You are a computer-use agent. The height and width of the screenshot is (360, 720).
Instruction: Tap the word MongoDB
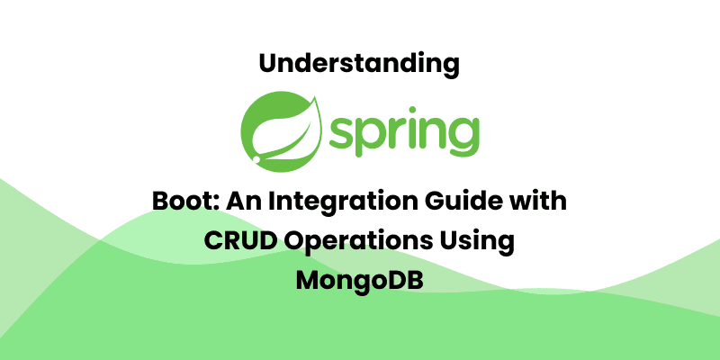[x=360, y=280]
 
